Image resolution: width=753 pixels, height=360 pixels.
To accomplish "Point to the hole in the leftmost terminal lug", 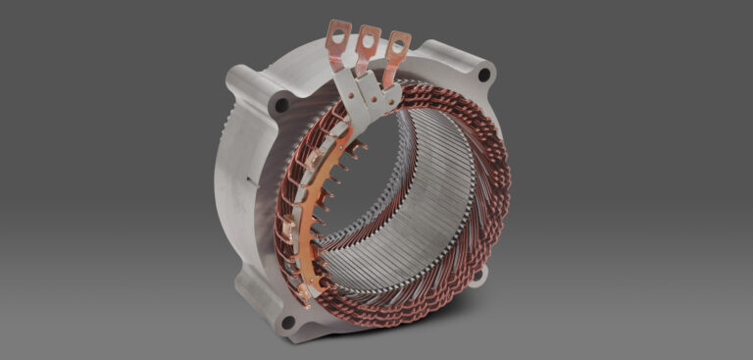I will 338,34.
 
